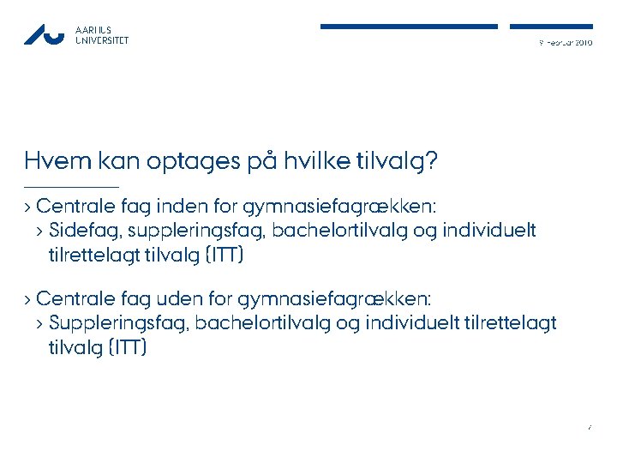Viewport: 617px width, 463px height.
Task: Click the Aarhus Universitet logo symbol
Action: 44,34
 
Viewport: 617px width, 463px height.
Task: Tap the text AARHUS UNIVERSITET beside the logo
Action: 102,34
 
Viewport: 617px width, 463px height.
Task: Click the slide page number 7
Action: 590,426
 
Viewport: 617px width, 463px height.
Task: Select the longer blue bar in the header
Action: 409,27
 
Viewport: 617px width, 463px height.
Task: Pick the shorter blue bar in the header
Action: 551,27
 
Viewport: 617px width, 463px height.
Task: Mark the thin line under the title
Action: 71,187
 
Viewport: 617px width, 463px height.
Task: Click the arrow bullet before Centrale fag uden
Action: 28,299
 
